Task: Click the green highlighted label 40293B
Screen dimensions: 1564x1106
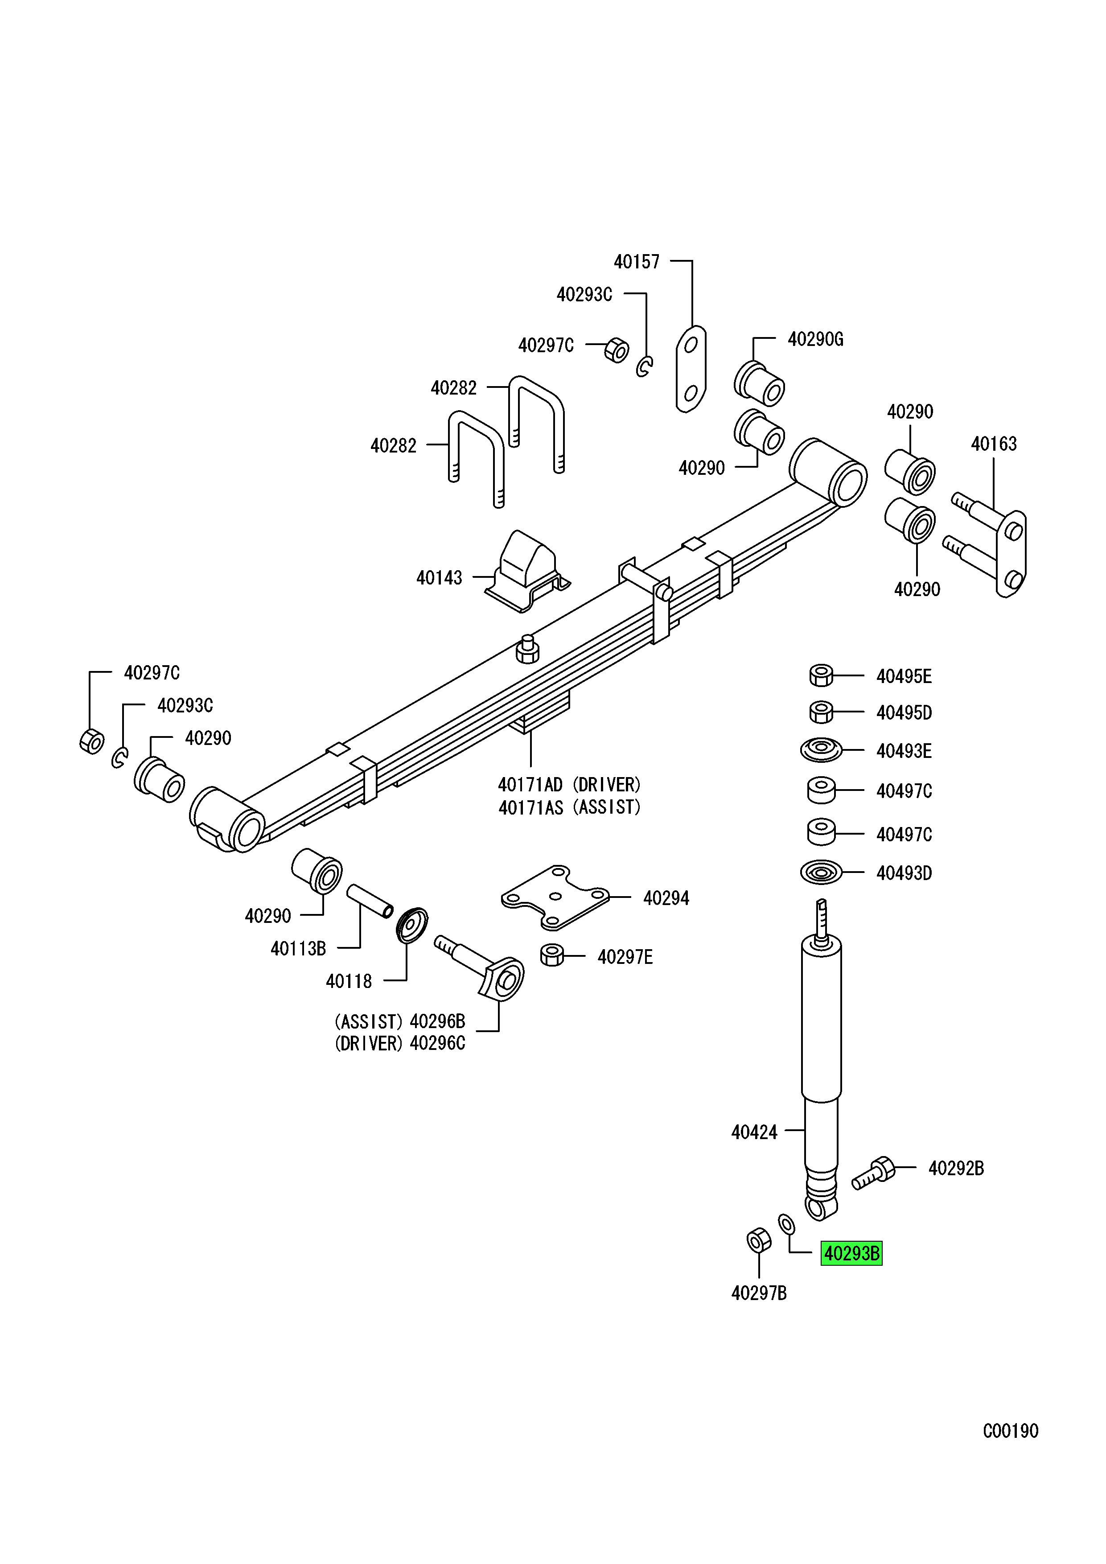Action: click(851, 1253)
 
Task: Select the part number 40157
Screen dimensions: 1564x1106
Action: click(637, 262)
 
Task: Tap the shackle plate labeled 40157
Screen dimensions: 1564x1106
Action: click(691, 369)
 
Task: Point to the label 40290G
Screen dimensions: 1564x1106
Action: click(815, 339)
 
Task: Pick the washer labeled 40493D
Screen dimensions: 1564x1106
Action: click(821, 873)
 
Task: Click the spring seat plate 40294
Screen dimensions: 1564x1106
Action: click(555, 898)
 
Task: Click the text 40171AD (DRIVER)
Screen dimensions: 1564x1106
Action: click(569, 785)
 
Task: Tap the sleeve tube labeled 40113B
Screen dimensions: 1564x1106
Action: click(370, 902)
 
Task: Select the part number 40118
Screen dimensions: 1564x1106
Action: click(349, 982)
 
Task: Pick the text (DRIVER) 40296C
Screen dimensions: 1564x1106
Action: click(400, 1044)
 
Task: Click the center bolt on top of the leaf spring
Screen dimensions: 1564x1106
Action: click(527, 649)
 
